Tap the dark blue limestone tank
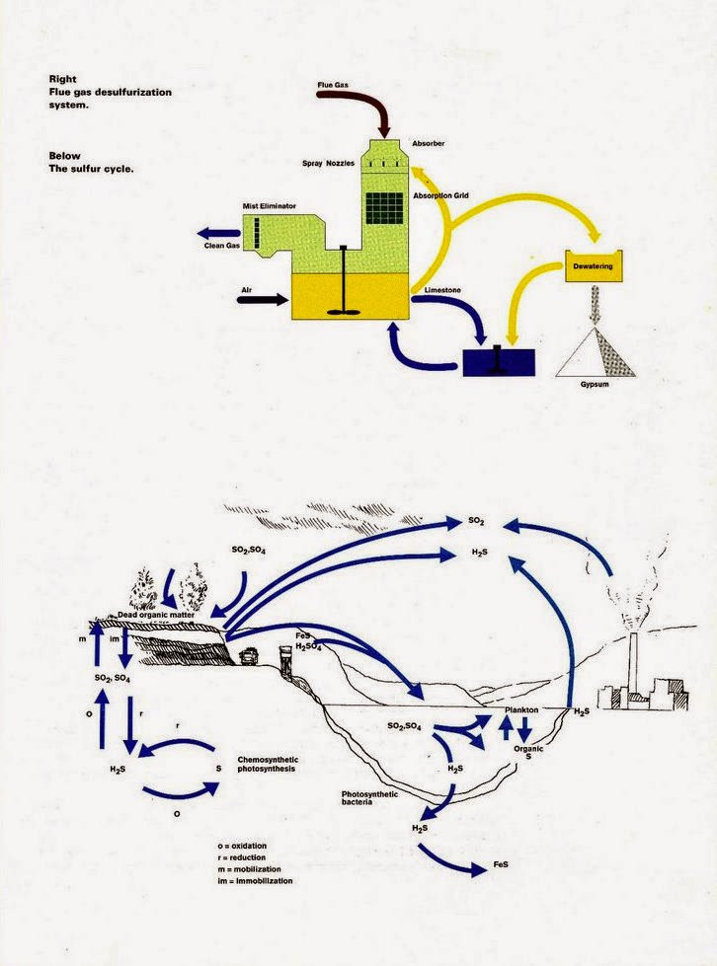click(x=499, y=361)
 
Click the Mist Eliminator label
click(x=272, y=206)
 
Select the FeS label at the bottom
click(x=502, y=864)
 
